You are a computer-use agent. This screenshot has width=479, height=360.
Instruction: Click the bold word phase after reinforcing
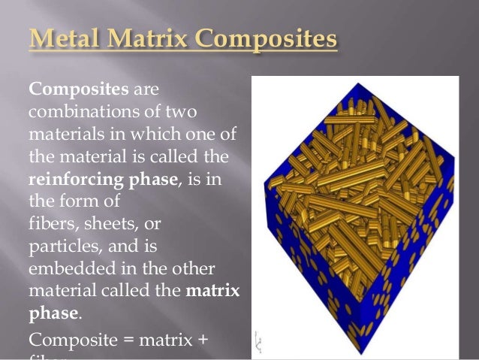pyautogui.click(x=150, y=181)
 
